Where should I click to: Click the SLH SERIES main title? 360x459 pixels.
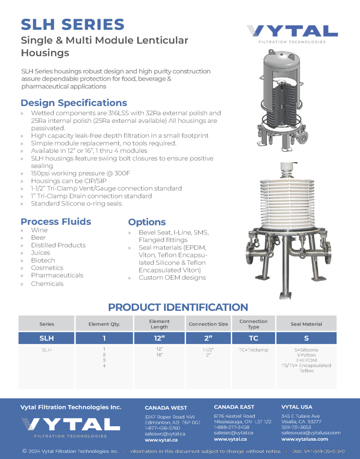click(73, 24)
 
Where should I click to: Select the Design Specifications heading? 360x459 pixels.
click(74, 103)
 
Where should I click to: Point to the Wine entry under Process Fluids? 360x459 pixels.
click(39, 230)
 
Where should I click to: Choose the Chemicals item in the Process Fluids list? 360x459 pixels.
click(47, 284)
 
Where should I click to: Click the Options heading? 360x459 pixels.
click(147, 222)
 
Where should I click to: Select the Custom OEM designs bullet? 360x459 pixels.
click(172, 278)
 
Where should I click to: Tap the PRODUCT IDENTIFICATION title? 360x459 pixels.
click(178, 308)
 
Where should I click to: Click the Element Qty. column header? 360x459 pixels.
click(104, 324)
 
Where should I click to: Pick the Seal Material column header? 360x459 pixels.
click(306, 324)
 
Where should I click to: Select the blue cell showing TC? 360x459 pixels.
click(253, 338)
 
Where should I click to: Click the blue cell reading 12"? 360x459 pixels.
click(159, 338)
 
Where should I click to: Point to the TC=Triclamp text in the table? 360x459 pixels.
click(253, 350)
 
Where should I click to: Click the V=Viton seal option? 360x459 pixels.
click(306, 355)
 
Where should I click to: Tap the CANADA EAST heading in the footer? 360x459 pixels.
click(234, 407)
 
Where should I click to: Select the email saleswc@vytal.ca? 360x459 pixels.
click(165, 434)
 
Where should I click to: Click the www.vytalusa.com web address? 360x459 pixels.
click(305, 439)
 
